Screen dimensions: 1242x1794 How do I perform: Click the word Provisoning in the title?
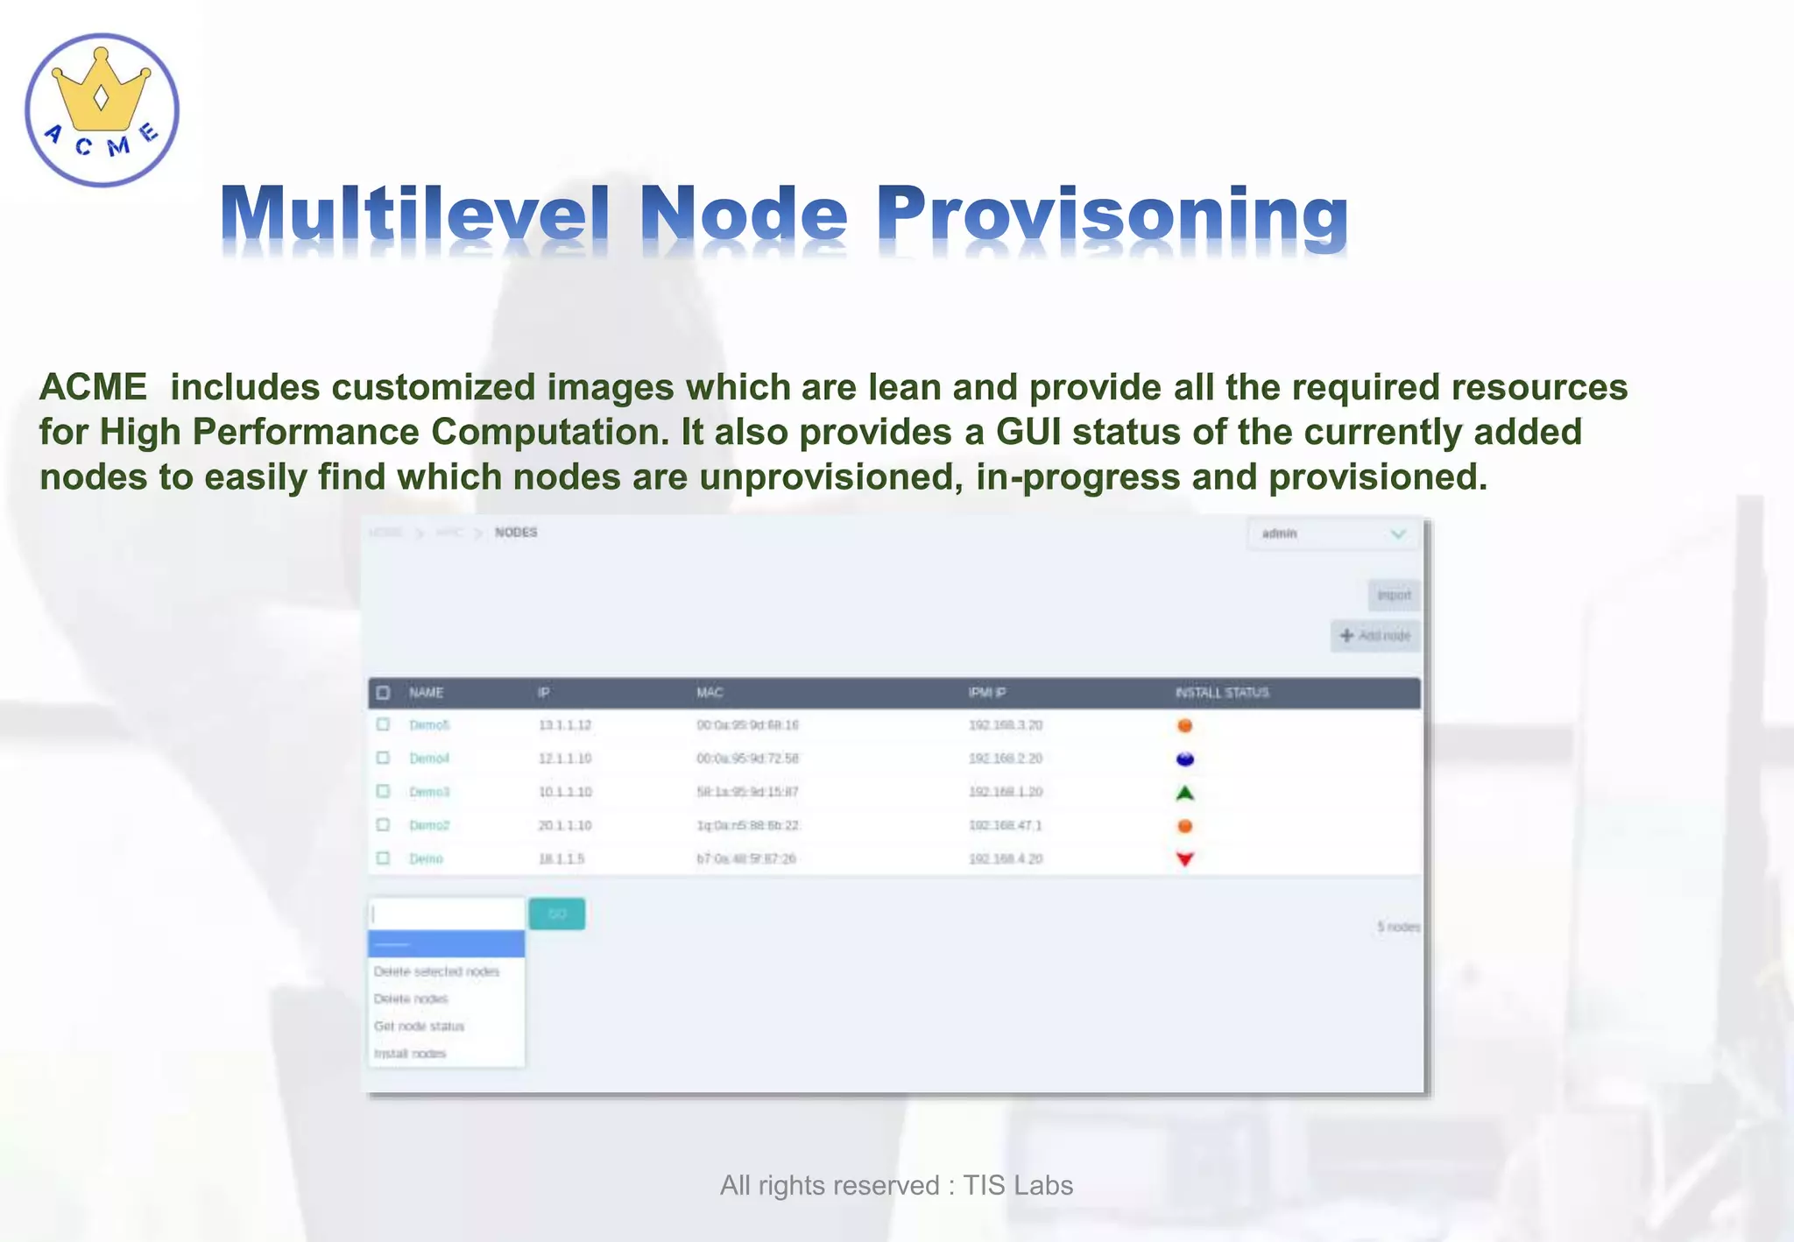tap(1112, 215)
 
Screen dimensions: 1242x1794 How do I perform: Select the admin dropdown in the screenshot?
tap(1332, 533)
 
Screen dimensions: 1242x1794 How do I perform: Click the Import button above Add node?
tap(1394, 596)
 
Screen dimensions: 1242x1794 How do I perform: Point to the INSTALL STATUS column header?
tap(1222, 693)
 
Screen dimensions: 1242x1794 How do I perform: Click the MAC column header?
tap(710, 693)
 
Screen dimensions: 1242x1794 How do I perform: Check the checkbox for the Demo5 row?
tap(383, 724)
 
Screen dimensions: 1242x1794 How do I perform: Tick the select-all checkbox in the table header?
tap(383, 693)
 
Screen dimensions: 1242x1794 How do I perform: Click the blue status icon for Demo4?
tap(1184, 759)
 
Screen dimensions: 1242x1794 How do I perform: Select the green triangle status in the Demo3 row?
tap(1184, 793)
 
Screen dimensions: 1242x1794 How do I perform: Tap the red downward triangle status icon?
tap(1184, 859)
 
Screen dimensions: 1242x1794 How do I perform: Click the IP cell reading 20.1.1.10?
tap(565, 825)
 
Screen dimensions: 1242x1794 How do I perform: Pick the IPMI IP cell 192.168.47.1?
tap(1005, 825)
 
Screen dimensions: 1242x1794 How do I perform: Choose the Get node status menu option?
tap(419, 1026)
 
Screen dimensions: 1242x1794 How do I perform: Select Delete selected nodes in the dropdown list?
tap(436, 971)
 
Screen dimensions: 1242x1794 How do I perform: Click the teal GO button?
tap(556, 914)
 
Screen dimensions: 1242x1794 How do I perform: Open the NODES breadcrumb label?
tap(516, 533)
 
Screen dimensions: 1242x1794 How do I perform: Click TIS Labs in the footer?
tap(1018, 1185)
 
